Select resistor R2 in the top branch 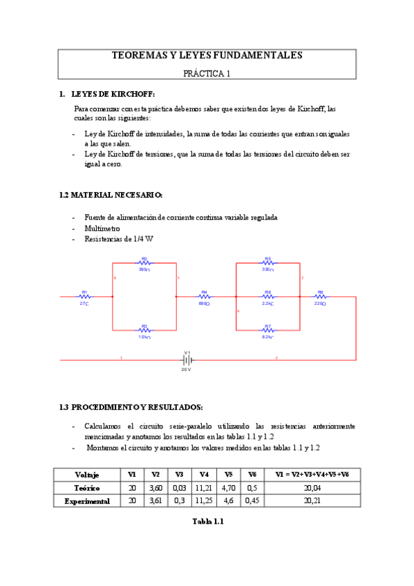[x=144, y=263]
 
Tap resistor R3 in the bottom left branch [x=144, y=330]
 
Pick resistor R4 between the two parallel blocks [x=204, y=297]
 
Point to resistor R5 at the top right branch [x=267, y=263]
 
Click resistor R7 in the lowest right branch [x=267, y=330]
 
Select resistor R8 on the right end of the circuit [x=320, y=297]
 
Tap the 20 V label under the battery [x=186, y=370]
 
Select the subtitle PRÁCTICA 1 [x=207, y=72]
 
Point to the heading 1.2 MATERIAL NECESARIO [x=111, y=196]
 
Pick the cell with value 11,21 [x=203, y=488]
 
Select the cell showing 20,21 [x=312, y=501]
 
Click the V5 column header [x=228, y=475]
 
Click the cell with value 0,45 [x=252, y=501]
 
